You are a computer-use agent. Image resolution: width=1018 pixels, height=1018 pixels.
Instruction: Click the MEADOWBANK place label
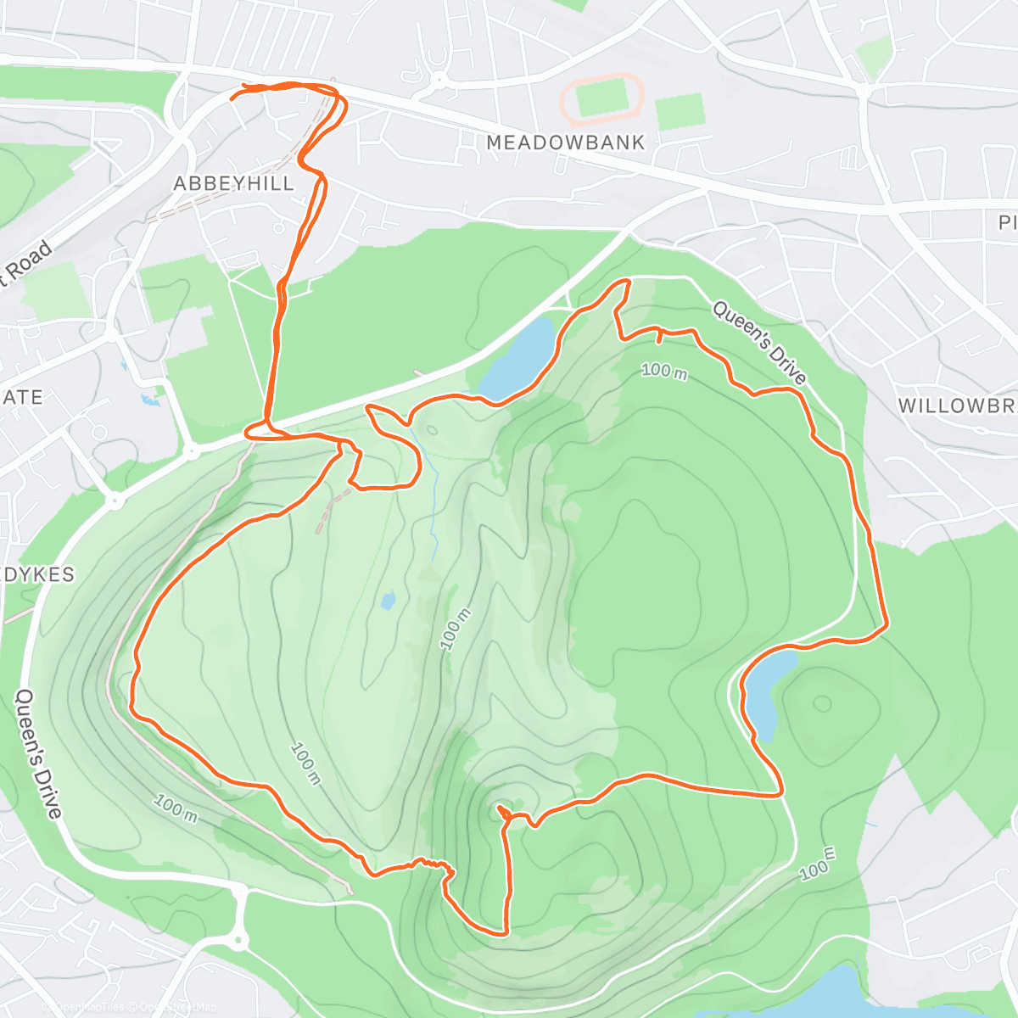click(x=566, y=143)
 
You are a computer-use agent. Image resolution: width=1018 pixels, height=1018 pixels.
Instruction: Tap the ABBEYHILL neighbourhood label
click(x=234, y=183)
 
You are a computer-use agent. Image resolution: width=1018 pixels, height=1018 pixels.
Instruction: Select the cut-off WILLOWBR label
click(x=957, y=406)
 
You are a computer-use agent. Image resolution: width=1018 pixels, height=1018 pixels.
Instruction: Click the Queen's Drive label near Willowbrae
click(x=759, y=342)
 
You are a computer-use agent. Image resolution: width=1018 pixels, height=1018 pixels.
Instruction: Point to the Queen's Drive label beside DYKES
click(x=39, y=753)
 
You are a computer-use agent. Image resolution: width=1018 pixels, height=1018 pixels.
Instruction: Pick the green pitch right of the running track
click(x=680, y=111)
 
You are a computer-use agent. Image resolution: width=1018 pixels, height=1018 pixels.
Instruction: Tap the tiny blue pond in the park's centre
click(x=389, y=601)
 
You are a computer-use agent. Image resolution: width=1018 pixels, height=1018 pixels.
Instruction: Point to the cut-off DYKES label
click(x=38, y=574)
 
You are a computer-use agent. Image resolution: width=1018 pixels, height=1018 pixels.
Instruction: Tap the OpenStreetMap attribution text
click(x=178, y=1007)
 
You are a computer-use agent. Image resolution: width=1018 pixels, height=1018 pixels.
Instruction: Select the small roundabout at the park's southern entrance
click(x=238, y=939)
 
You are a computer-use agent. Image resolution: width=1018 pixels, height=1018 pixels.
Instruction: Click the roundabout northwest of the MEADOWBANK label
click(x=439, y=81)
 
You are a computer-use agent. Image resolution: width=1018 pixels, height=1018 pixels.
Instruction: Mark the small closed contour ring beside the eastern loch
click(x=821, y=703)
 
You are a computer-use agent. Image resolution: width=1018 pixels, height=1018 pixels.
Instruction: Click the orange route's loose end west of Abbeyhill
click(x=232, y=99)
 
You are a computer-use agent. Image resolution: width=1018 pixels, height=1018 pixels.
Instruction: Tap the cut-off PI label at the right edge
click(x=1007, y=222)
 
